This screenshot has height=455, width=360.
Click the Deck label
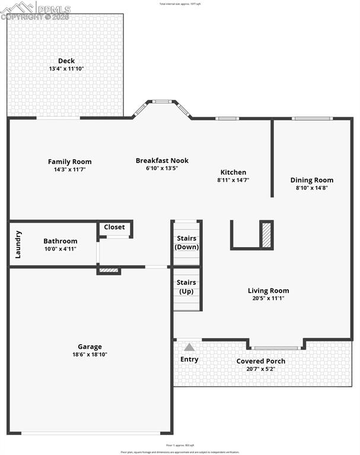click(66, 60)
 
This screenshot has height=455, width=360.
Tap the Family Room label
click(69, 162)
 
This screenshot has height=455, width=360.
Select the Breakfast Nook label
click(162, 161)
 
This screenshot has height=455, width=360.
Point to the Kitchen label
click(233, 172)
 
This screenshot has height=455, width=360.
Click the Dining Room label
click(311, 180)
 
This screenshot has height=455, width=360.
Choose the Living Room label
click(268, 290)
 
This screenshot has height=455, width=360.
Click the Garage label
click(90, 347)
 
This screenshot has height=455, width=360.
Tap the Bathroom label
click(60, 241)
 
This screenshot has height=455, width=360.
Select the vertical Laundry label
click(18, 244)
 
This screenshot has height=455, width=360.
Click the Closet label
click(114, 227)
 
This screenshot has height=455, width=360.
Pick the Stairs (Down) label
click(187, 243)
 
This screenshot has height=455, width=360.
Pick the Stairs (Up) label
click(187, 287)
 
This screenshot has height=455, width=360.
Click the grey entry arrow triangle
click(189, 347)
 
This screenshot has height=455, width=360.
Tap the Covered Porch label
click(260, 361)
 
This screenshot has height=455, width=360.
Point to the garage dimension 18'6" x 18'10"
click(90, 354)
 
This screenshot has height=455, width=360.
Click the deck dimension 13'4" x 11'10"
click(66, 69)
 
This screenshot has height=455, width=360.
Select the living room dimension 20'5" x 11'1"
click(268, 298)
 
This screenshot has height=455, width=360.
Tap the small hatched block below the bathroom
click(109, 271)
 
